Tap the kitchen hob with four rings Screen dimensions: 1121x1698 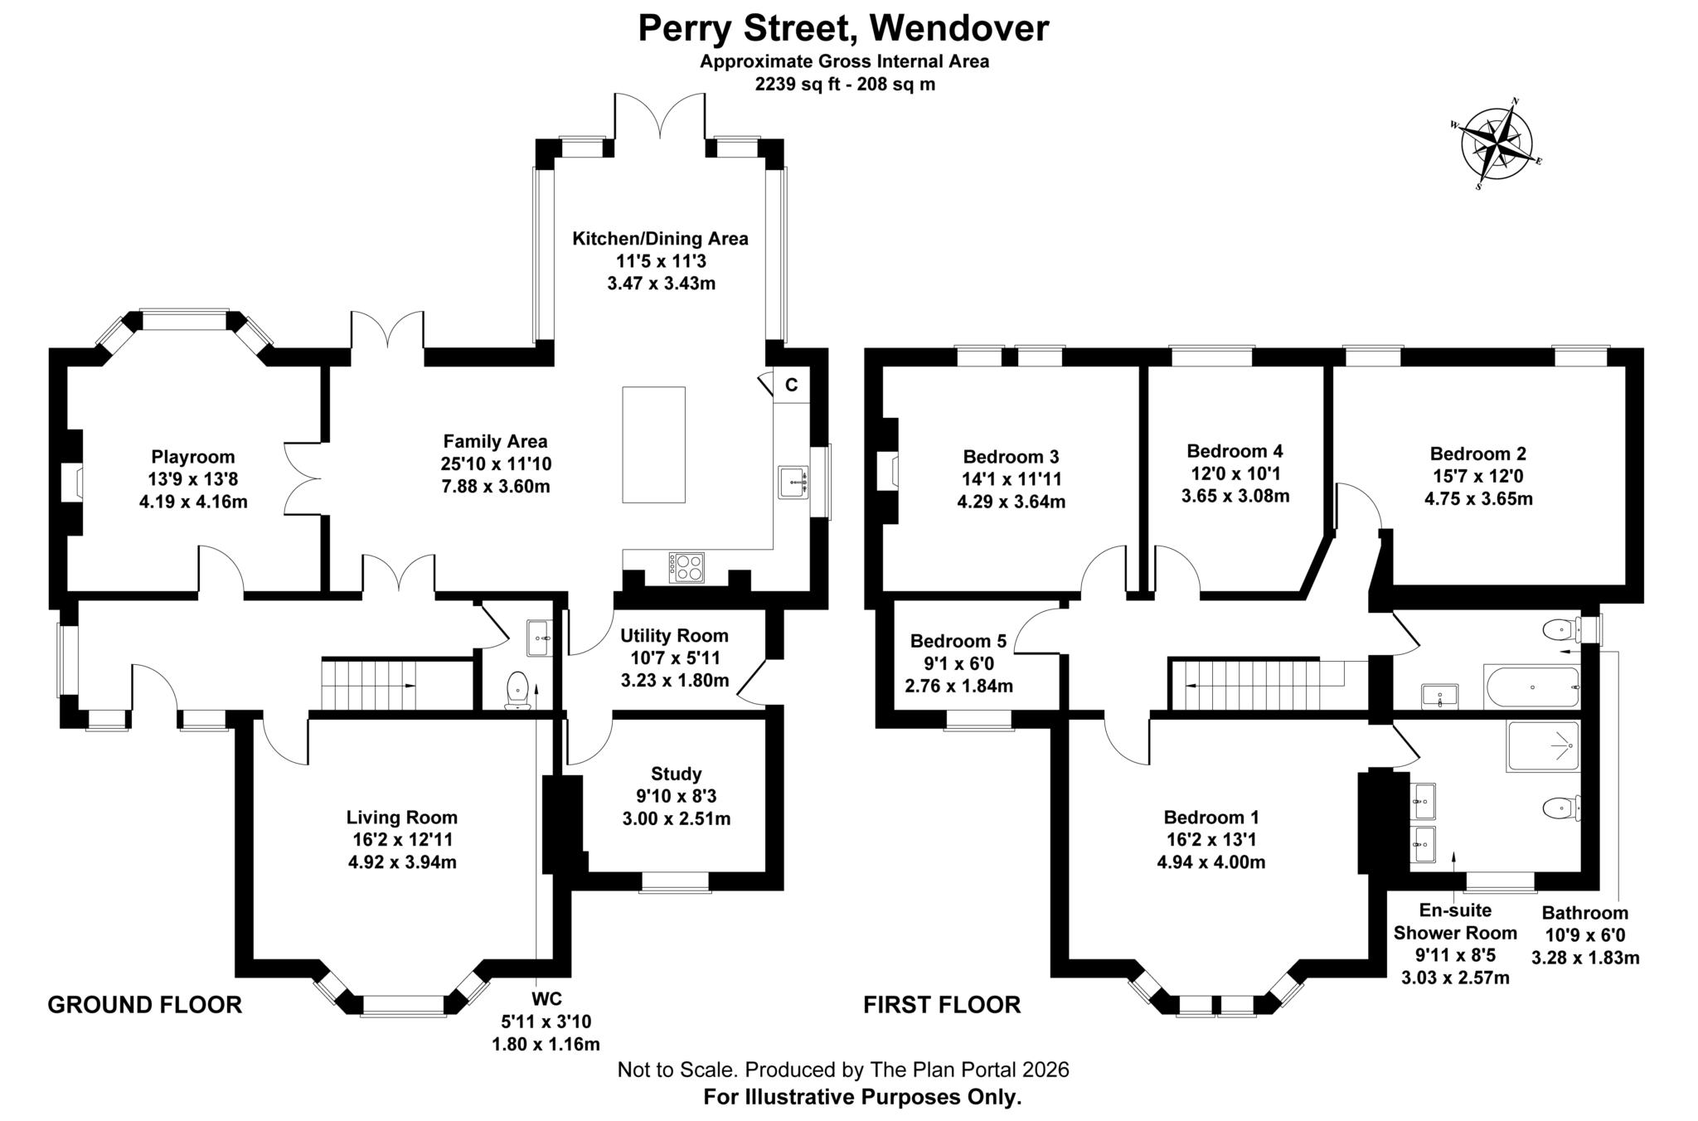(686, 567)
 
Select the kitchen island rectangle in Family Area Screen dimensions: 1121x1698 (653, 444)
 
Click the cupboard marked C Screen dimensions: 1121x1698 (791, 385)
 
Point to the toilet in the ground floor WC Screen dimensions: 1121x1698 (518, 689)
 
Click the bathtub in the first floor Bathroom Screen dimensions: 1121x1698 (1531, 687)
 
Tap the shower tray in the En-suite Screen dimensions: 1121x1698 (1543, 746)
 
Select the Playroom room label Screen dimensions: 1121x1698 (193, 457)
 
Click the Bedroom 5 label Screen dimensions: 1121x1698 (958, 641)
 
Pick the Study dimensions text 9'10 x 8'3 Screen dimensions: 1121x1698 (676, 796)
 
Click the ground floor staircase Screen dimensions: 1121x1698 (369, 685)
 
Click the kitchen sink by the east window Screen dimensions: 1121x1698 (793, 482)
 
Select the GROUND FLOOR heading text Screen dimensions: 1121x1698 (144, 1005)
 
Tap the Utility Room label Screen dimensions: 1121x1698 (674, 636)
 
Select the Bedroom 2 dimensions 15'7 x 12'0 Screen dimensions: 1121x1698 (1477, 476)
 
